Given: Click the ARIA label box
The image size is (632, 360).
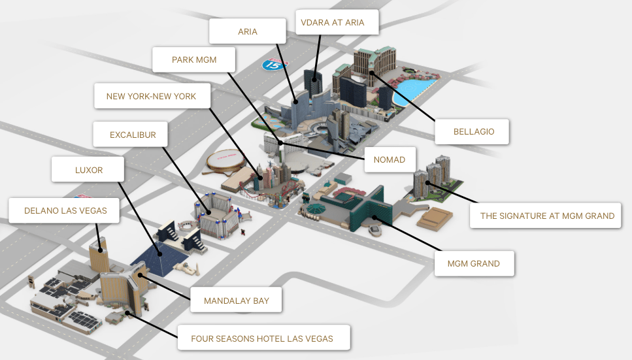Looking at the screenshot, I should pos(248,31).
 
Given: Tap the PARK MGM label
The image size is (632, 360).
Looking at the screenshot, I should pos(193,60).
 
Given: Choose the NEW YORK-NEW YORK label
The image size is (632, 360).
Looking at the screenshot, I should pos(151,96).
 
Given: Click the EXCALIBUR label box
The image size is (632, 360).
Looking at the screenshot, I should pos(133,135).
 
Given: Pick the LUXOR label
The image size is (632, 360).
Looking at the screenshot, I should pos(89,170).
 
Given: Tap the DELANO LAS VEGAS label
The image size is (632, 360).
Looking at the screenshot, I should pos(65,210).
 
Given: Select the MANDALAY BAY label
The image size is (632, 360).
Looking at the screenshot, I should pos(236,301).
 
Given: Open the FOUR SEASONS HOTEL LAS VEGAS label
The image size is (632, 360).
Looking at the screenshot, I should pos(262,338).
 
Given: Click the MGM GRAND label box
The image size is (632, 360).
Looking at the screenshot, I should pos(474,263).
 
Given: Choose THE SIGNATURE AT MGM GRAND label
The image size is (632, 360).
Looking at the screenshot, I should pos(547,215).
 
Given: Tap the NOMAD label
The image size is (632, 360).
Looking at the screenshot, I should pos(390,159).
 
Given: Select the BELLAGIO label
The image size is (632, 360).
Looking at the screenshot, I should pos(474,131).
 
